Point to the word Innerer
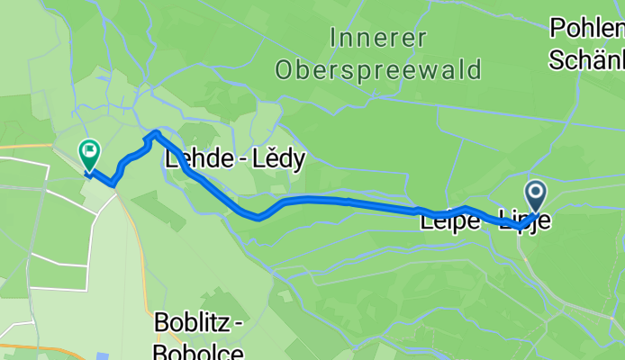pos(373,39)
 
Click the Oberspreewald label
pos(379,69)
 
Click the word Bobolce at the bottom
pos(197,351)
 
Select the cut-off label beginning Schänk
pos(586,59)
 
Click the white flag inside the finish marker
pos(90,149)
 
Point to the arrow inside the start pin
pos(536,191)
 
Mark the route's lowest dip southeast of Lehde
pos(258,217)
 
